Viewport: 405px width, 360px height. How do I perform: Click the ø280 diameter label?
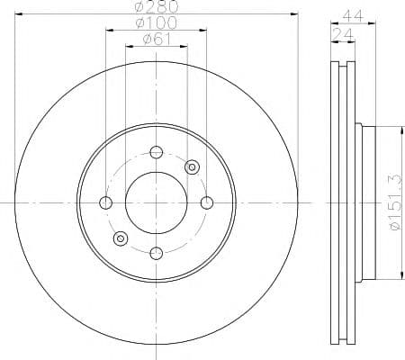pyautogui.click(x=157, y=6)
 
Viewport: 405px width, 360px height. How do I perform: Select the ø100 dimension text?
pyautogui.click(x=156, y=22)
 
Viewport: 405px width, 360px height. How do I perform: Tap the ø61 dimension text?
pyautogui.click(x=157, y=39)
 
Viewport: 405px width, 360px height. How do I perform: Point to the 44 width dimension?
pyautogui.click(x=353, y=15)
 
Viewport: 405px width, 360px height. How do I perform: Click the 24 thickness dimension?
pyautogui.click(x=343, y=35)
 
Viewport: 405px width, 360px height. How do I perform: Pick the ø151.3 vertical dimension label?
pyautogui.click(x=396, y=202)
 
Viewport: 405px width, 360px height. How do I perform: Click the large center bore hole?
pyautogui.click(x=157, y=203)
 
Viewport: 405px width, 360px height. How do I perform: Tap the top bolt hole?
pyautogui.click(x=157, y=152)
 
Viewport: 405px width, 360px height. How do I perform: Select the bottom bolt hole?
pyautogui.click(x=157, y=254)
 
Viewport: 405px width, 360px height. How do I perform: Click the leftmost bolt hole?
pyautogui.click(x=105, y=203)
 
